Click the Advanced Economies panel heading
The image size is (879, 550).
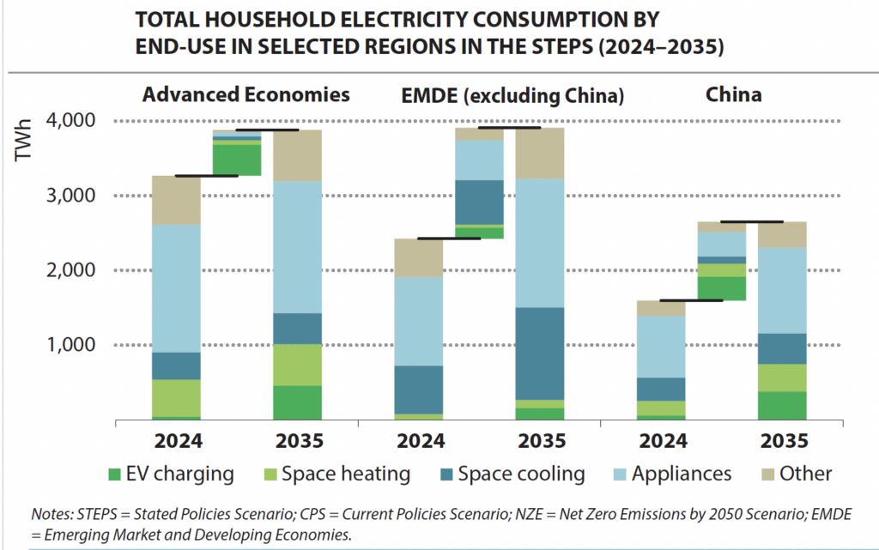click(246, 94)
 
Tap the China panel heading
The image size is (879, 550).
click(733, 94)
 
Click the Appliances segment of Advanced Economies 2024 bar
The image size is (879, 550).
click(176, 288)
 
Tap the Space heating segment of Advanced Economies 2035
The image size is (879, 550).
click(297, 365)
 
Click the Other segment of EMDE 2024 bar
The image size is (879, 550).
click(418, 257)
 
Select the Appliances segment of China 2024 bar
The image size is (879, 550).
click(661, 347)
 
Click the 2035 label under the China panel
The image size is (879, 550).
click(782, 441)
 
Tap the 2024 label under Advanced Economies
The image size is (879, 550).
click(176, 441)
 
